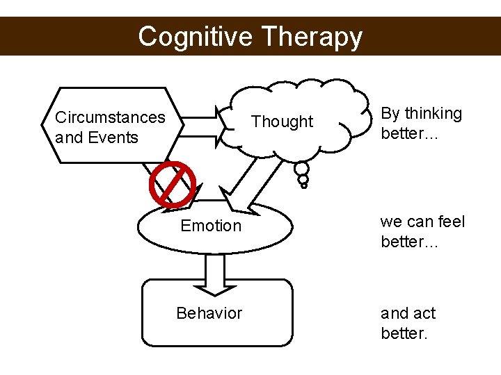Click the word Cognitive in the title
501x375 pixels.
196,36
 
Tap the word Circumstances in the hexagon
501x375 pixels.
110,117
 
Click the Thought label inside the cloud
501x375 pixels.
282,122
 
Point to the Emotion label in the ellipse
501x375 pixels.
211,226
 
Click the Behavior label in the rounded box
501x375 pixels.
209,313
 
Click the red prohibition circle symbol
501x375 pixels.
171,185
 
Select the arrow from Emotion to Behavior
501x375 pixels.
215,272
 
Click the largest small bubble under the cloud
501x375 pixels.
302,168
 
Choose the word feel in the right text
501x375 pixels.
451,222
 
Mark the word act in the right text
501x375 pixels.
422,313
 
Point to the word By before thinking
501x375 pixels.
390,114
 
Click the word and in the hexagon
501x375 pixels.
68,137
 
